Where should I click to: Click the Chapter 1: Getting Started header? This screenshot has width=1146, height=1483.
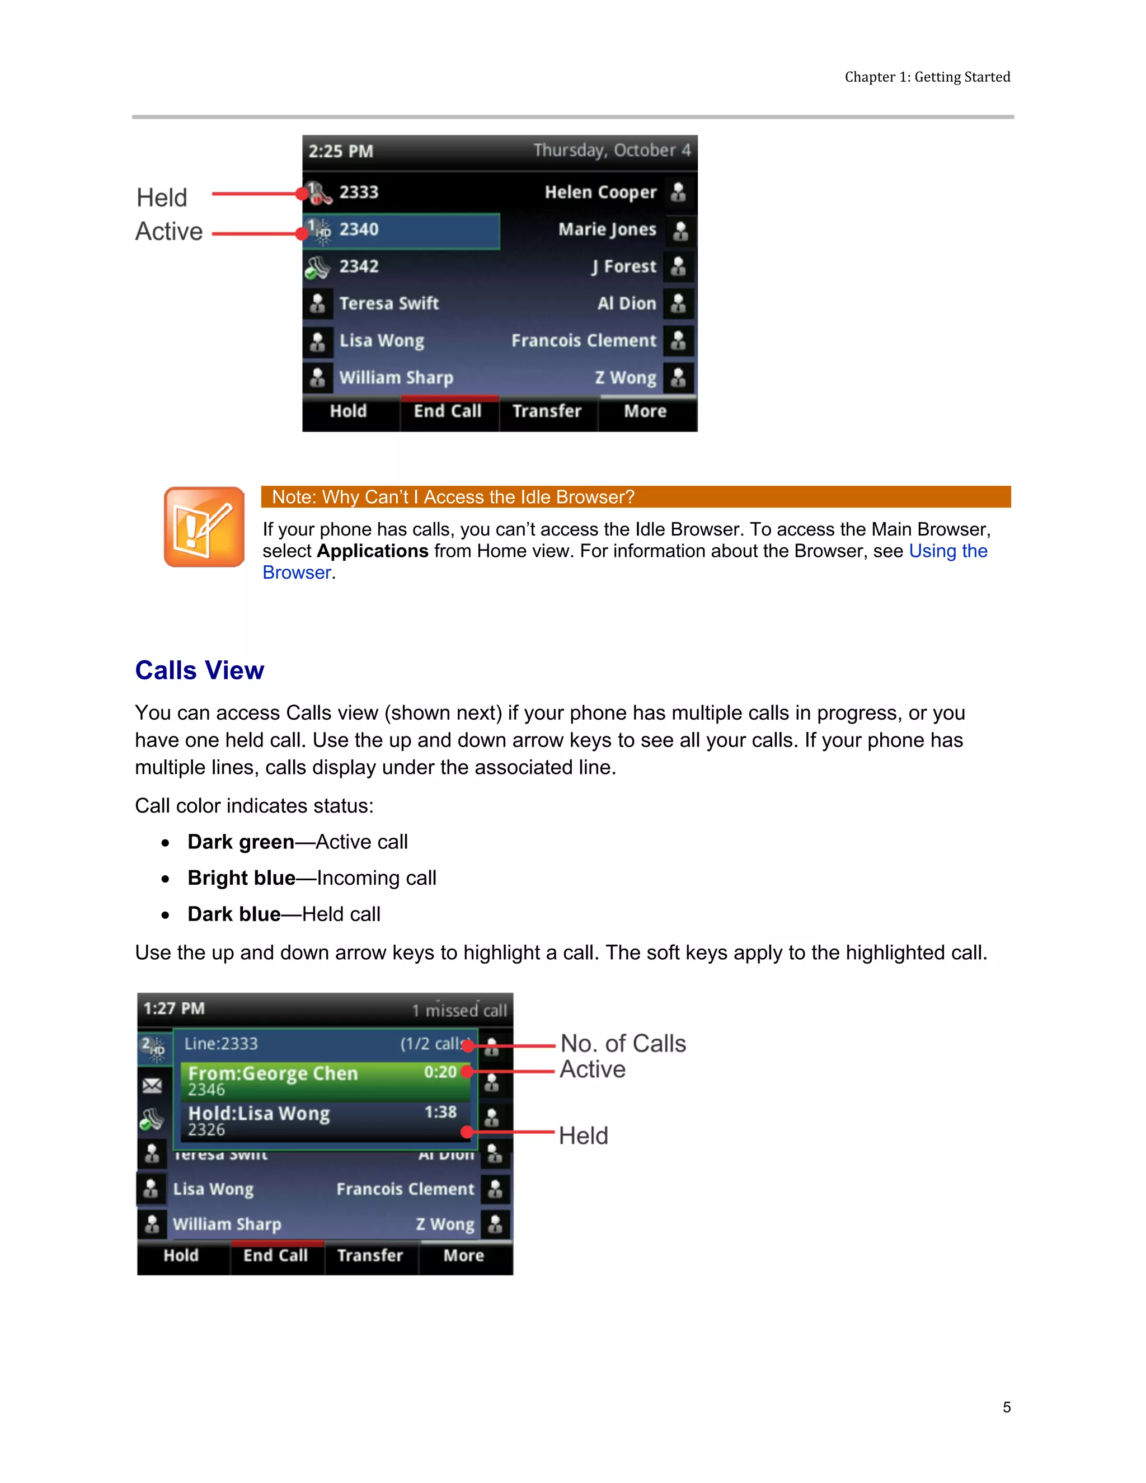[927, 77]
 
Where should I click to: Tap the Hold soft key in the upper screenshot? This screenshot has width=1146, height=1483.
[348, 411]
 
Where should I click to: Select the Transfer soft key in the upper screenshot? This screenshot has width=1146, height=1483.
[547, 411]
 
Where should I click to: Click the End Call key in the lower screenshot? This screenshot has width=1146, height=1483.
[276, 1256]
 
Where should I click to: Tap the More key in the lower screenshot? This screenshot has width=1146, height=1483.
[464, 1256]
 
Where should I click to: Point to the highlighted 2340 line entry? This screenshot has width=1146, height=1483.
[402, 230]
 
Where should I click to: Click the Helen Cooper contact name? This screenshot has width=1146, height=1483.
[600, 193]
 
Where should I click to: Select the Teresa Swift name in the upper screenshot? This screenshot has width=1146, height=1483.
[389, 303]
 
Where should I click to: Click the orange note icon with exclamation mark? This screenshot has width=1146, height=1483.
[204, 527]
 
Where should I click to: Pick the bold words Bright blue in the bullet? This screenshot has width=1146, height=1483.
[241, 878]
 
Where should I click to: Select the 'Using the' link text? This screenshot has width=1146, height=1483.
[948, 551]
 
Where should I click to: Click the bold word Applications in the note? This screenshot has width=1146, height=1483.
[372, 551]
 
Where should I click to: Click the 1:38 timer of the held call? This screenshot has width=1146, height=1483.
[440, 1113]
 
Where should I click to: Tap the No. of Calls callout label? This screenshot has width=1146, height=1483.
[623, 1044]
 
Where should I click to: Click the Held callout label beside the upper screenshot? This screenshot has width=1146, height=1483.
[162, 198]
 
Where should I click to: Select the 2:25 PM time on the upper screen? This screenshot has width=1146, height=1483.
[341, 152]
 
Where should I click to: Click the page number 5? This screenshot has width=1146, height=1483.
[1006, 1407]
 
